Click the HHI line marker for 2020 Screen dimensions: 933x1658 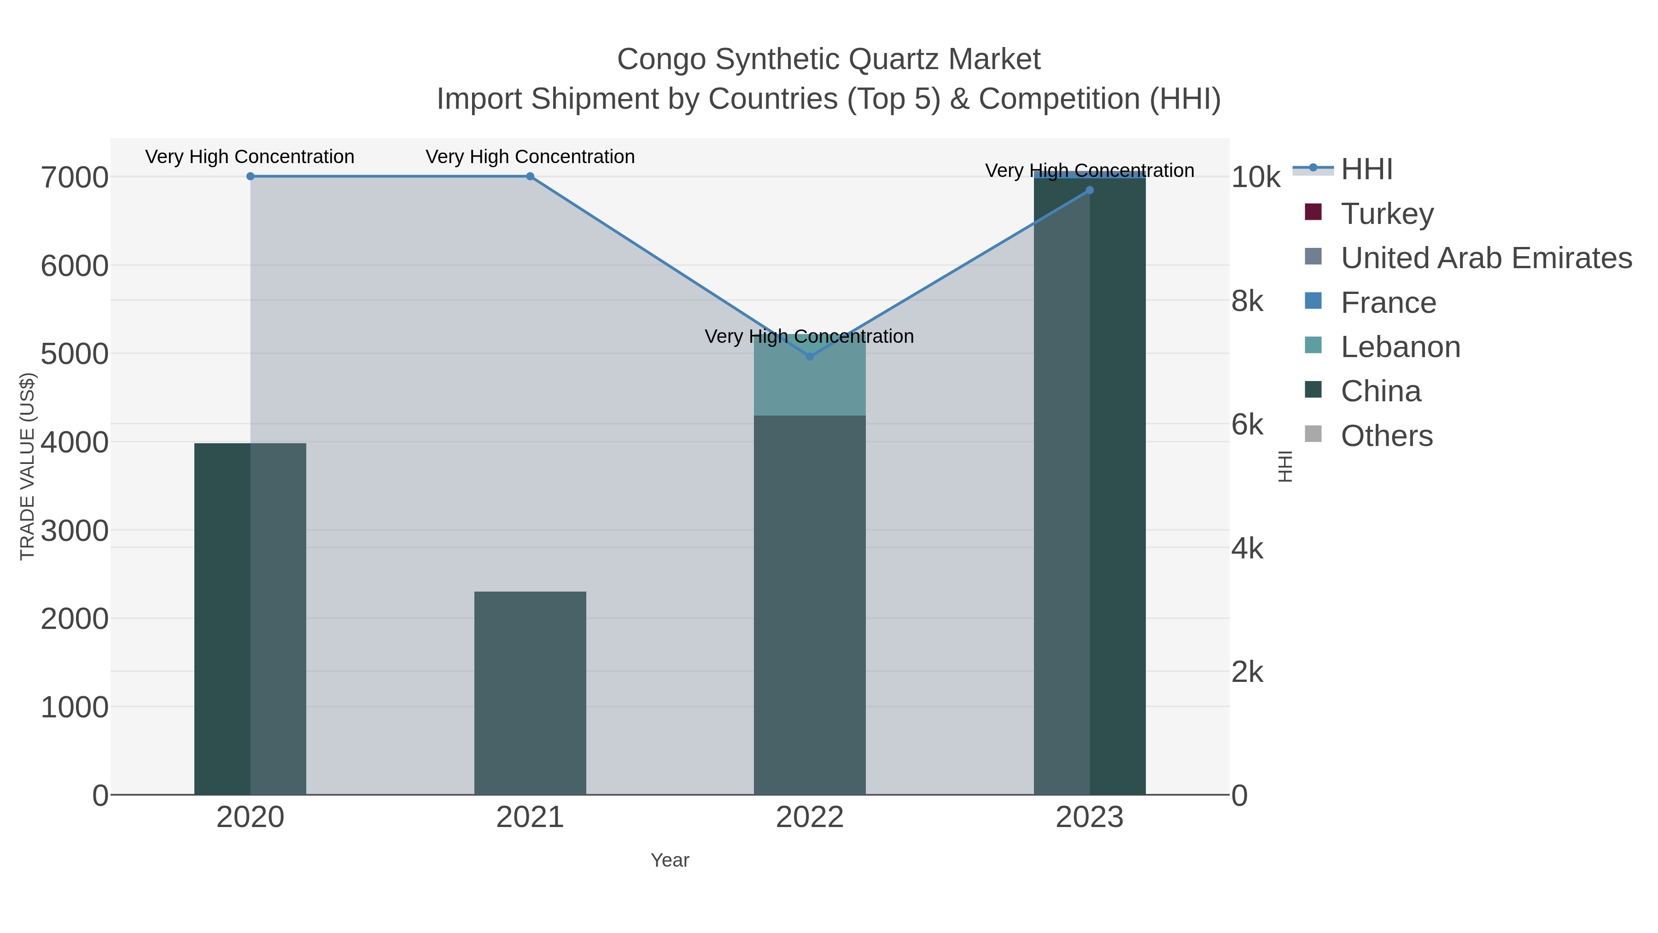(x=251, y=176)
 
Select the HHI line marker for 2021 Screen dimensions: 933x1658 (x=530, y=176)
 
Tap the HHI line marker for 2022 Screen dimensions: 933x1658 (x=810, y=356)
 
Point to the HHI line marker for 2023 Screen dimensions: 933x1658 (x=1089, y=190)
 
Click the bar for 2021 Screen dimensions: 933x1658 (x=530, y=692)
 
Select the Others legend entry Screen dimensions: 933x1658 (x=1386, y=436)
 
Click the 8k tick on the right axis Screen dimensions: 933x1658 (x=1247, y=301)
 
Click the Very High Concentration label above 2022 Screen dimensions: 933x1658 (x=809, y=336)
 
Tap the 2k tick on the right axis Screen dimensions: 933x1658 (x=1247, y=672)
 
